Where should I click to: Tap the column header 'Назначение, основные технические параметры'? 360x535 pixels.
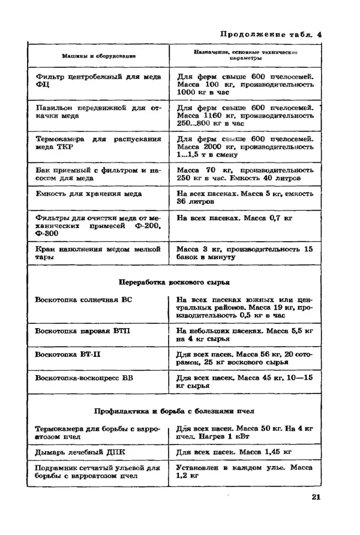tap(246, 56)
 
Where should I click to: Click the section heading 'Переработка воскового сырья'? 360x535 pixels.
tap(175, 282)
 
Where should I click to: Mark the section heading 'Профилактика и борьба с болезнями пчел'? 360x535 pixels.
tap(175, 411)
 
